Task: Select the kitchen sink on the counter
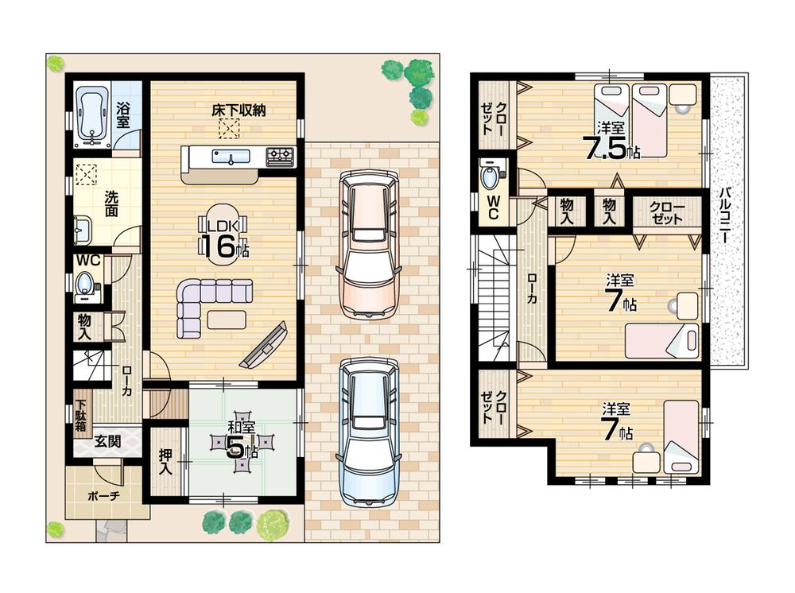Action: point(231,157)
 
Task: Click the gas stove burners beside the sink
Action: point(279,156)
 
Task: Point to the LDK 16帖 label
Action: point(225,238)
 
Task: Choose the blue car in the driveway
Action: point(366,430)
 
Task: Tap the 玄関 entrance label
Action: point(107,441)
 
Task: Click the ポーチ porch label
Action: point(104,495)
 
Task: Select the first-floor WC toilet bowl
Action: point(85,285)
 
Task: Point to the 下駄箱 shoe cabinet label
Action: point(80,414)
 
